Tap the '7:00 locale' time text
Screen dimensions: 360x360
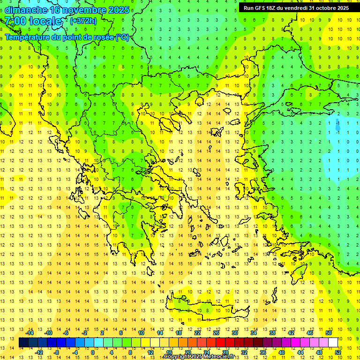point(33,21)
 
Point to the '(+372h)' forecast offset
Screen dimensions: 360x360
point(83,21)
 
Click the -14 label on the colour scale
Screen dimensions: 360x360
point(30,333)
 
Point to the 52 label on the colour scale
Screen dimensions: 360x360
point(337,352)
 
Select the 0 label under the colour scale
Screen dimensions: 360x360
point(93,352)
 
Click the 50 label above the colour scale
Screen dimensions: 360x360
point(329,333)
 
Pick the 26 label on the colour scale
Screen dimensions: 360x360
point(217,333)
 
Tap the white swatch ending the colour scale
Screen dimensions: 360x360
point(333,342)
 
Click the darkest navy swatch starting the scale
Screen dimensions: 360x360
point(23,342)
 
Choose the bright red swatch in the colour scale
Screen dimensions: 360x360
point(220,342)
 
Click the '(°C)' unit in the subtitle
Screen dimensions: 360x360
point(122,37)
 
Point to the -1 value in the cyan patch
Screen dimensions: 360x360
point(338,132)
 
